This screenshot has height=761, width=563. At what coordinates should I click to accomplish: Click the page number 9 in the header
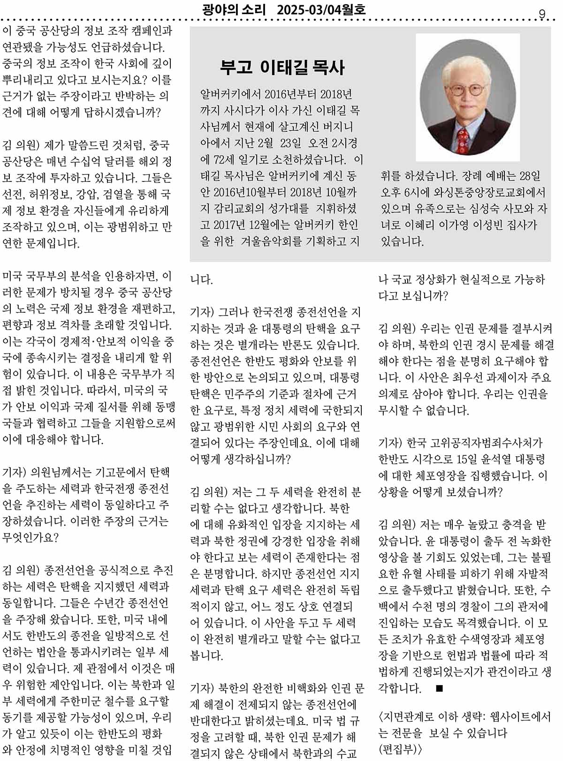coord(542,15)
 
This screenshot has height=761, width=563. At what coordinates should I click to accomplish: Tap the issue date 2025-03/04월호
coord(321,9)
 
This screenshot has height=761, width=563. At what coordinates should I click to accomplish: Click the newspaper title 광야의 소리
coord(235,9)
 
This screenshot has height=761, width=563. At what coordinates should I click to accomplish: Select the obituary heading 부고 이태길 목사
coord(282,68)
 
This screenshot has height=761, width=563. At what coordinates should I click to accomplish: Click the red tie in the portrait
coord(463,141)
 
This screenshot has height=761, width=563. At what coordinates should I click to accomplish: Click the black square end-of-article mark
coord(439,688)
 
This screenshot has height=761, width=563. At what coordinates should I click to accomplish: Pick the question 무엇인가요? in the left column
coord(30,537)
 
